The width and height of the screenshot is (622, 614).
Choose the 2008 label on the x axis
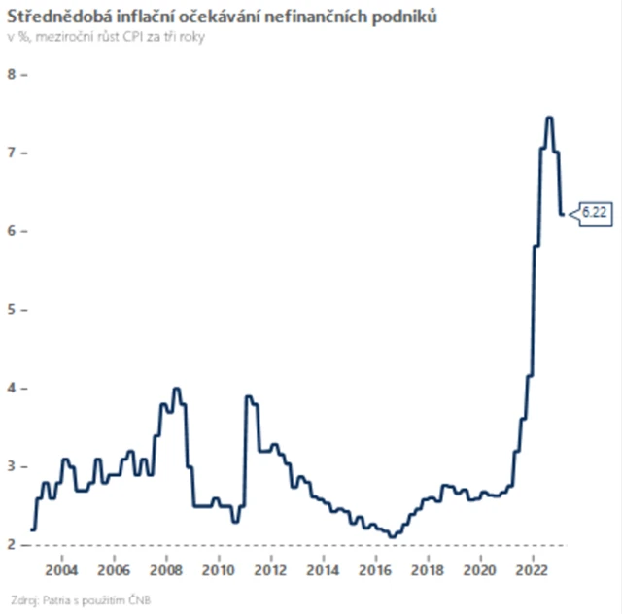click(x=166, y=568)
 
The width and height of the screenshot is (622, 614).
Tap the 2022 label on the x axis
click(x=532, y=568)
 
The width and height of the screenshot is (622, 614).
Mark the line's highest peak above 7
click(x=549, y=118)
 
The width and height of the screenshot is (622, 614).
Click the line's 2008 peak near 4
click(x=176, y=389)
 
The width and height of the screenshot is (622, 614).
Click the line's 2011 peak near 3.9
click(x=248, y=396)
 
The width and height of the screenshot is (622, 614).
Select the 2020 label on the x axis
click(x=479, y=568)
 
